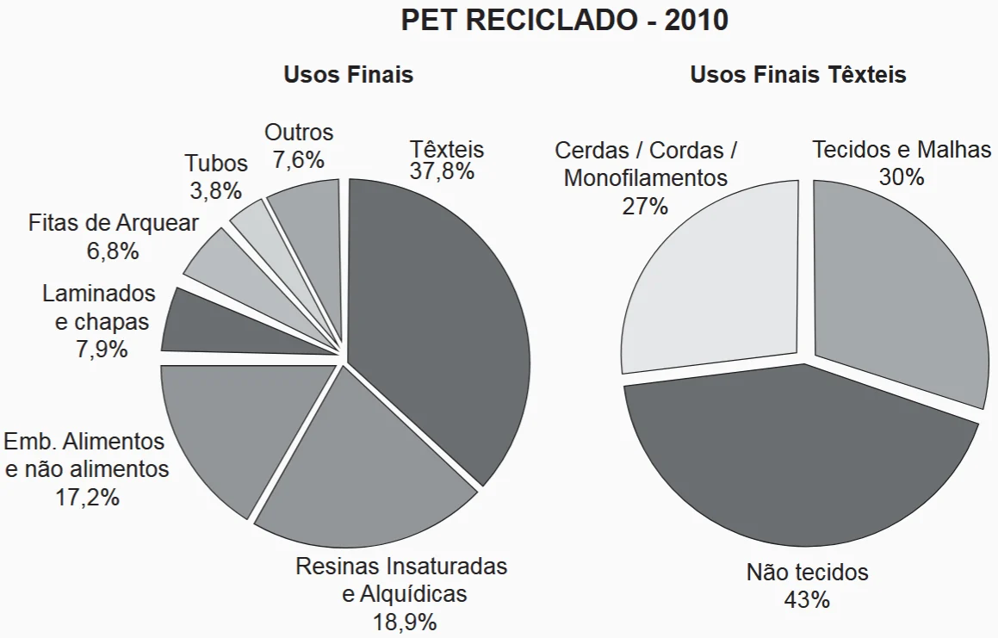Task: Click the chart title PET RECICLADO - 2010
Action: click(564, 21)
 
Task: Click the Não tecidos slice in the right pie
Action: click(801, 456)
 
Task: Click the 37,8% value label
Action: click(442, 171)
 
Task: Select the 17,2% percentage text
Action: click(86, 497)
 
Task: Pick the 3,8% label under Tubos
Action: click(215, 190)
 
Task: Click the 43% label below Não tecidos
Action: click(807, 599)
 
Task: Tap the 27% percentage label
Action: click(645, 206)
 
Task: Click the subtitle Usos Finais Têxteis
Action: click(798, 75)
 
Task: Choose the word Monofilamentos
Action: click(645, 178)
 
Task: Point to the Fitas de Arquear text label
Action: click(114, 223)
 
